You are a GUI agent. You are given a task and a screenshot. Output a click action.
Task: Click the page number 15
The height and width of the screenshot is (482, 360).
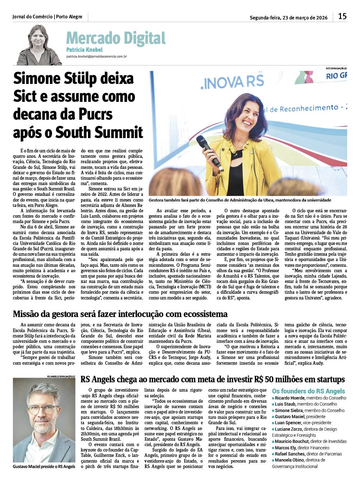click(342, 16)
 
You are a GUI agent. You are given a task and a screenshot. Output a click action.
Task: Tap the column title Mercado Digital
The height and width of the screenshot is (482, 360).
click(116, 38)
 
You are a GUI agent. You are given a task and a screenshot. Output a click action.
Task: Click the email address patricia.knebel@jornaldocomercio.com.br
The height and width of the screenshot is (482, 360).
click(96, 57)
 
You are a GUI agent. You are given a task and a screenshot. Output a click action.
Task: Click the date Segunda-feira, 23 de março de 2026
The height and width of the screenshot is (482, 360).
click(288, 18)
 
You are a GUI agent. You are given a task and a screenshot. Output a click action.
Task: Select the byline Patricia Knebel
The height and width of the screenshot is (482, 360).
click(84, 50)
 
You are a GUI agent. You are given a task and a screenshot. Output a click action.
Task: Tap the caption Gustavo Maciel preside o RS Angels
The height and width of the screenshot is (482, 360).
click(44, 467)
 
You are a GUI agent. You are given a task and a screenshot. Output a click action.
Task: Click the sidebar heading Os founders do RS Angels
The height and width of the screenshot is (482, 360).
click(308, 391)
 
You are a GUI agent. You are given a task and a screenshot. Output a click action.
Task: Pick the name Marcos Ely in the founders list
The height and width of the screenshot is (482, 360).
click(285, 448)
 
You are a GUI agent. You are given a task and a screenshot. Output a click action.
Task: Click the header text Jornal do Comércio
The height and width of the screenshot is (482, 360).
click(32, 16)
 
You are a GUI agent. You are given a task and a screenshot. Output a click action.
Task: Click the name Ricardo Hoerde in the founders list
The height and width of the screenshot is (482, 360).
click(289, 398)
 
